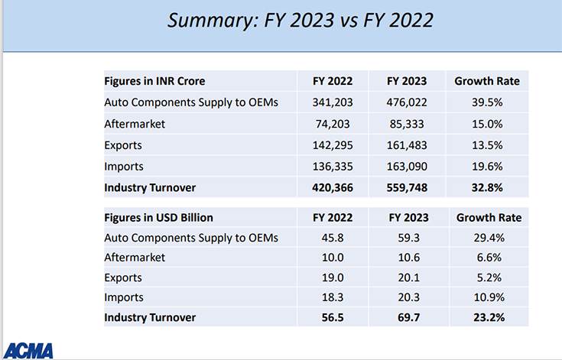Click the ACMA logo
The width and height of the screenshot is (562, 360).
[28, 351]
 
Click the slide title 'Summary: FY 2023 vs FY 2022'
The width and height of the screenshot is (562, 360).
[300, 21]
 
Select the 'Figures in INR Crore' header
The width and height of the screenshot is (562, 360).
[154, 81]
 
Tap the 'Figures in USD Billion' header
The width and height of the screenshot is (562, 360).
[159, 218]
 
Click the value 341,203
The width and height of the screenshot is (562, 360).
[333, 102]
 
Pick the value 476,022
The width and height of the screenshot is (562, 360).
[407, 102]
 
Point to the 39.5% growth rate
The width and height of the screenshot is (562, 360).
[487, 102]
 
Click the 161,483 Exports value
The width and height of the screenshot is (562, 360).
[407, 145]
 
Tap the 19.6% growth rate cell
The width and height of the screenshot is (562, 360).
[487, 166]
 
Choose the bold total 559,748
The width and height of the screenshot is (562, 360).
[407, 186]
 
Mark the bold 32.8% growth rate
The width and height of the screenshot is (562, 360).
[487, 186]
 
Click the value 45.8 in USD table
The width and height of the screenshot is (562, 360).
[333, 238]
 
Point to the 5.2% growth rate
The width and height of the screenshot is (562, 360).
[489, 277]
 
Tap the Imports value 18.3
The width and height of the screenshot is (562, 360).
[333, 297]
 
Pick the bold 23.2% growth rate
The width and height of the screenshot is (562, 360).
[489, 317]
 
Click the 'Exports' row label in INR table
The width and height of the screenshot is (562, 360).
[123, 145]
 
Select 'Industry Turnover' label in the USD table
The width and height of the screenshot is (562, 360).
[150, 317]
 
